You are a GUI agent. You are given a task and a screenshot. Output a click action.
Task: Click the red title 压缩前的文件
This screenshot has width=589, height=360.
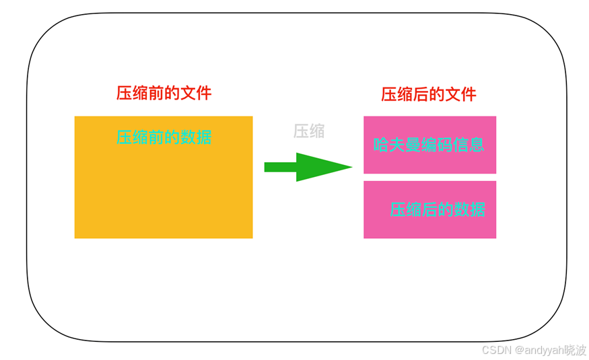(x=164, y=93)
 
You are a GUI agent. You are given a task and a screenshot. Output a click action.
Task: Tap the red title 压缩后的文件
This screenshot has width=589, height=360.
(x=429, y=94)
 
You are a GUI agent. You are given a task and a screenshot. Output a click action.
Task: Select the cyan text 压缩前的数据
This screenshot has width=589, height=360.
(x=164, y=137)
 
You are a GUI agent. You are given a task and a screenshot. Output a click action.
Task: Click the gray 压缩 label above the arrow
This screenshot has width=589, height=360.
(x=309, y=131)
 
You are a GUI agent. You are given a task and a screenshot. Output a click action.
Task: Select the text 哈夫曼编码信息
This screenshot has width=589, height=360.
(x=429, y=145)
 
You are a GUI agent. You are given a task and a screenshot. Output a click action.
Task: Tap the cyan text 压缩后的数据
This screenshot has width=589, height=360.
(x=438, y=209)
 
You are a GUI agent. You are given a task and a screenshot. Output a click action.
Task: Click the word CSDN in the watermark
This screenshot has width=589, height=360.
(x=497, y=351)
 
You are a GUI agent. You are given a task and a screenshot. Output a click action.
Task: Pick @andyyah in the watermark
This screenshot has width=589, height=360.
(x=537, y=351)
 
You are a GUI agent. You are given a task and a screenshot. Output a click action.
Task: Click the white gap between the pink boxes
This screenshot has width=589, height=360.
(x=429, y=177)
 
